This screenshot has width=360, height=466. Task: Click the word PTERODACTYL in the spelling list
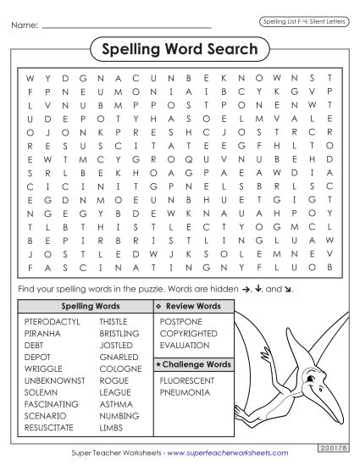tap(52, 322)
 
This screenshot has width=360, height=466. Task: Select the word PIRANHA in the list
tap(43, 334)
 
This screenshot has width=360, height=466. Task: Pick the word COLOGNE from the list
tap(119, 369)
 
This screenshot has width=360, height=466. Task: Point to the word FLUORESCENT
tap(187, 380)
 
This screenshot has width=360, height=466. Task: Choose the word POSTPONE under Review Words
tap(181, 322)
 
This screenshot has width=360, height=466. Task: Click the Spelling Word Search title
tap(180, 49)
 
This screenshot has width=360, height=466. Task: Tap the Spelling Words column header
tap(83, 305)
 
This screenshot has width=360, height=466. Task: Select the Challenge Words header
tap(192, 363)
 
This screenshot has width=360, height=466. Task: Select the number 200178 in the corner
tap(332, 444)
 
